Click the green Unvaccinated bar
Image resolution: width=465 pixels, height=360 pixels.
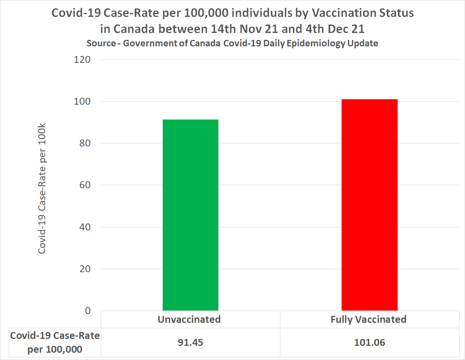click(190, 215)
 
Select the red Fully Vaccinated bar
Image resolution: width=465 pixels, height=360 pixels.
click(369, 205)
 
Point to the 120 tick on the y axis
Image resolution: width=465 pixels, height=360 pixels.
click(82, 60)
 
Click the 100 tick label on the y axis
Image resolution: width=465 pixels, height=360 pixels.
click(82, 102)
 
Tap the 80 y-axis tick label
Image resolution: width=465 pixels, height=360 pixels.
click(85, 143)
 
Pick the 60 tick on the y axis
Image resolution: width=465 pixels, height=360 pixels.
click(85, 185)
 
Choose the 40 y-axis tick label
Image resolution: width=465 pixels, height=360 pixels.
click(85, 227)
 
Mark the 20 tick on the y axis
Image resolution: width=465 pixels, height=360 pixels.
click(85, 269)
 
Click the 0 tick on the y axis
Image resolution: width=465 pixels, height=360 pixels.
click(87, 311)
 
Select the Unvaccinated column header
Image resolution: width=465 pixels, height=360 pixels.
click(189, 319)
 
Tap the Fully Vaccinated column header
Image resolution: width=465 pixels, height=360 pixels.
click(368, 319)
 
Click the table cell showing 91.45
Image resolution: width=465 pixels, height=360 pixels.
click(190, 342)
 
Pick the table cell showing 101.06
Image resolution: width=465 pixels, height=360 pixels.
click(369, 342)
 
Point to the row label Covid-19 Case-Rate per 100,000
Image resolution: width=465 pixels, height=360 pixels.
click(55, 342)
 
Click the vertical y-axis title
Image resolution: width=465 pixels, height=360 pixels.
click(42, 189)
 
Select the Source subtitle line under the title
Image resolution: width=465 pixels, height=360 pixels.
click(232, 43)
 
